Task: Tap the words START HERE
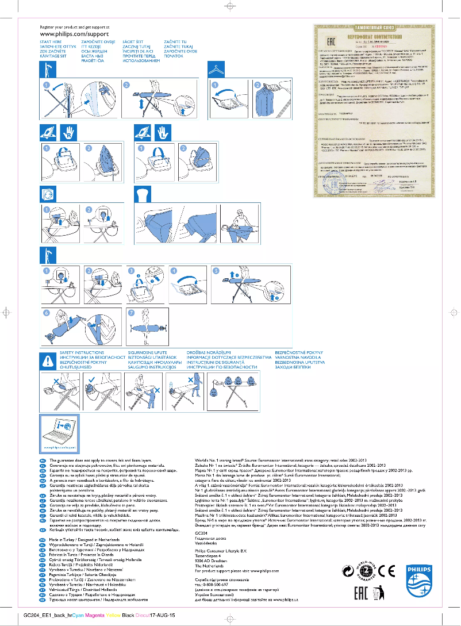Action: (50, 43)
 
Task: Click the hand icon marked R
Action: (68, 132)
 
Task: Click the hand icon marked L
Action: (163, 132)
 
